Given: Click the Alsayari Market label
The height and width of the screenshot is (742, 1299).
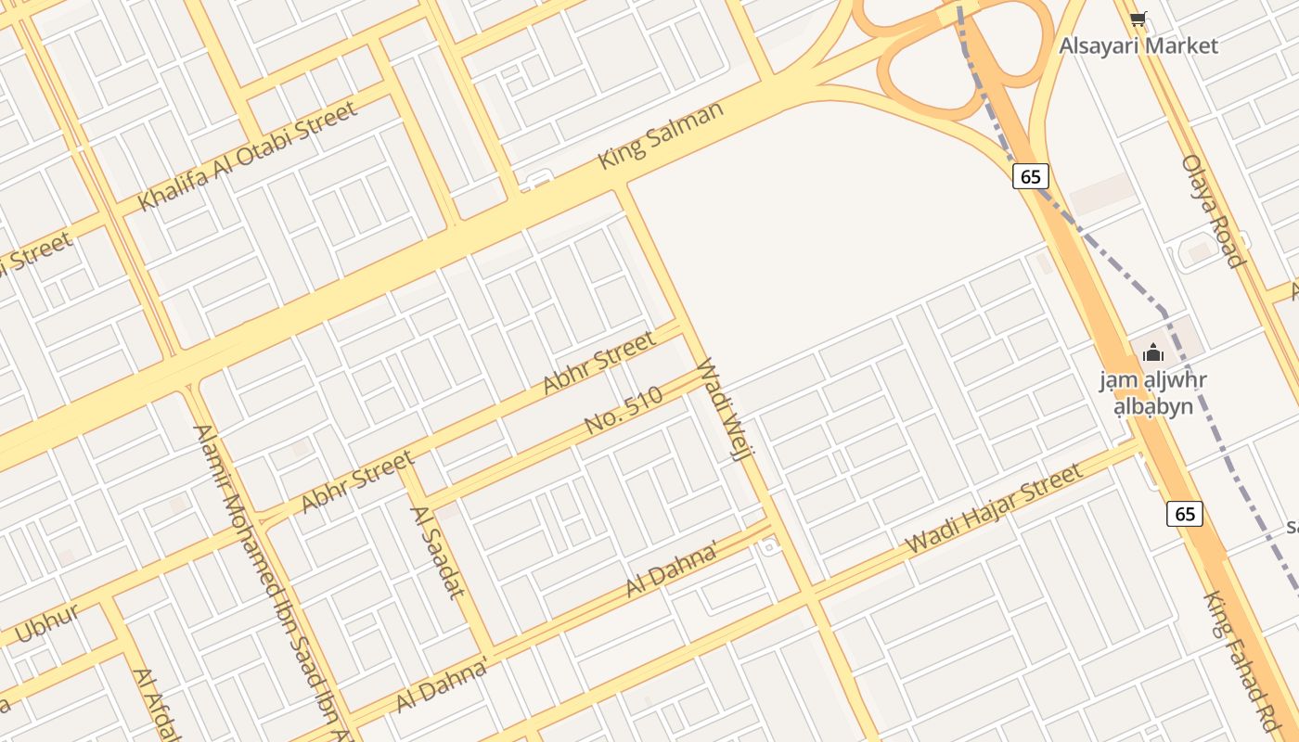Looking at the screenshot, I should [x=1138, y=45].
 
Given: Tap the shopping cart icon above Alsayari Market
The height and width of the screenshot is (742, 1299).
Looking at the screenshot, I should [x=1138, y=18].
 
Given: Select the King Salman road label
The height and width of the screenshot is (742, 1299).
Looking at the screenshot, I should [x=661, y=135].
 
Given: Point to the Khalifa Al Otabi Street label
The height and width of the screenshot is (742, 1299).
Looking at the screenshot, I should [x=247, y=156].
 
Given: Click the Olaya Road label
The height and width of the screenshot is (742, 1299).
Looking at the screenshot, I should [x=1213, y=211].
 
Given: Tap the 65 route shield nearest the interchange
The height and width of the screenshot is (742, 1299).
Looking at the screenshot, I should [x=1031, y=176].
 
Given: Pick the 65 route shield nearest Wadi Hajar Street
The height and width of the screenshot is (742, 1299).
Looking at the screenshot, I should [x=1185, y=514].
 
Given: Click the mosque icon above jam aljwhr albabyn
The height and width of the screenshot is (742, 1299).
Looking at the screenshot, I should [x=1153, y=352].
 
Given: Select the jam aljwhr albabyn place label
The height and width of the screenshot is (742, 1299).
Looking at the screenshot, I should [x=1153, y=393].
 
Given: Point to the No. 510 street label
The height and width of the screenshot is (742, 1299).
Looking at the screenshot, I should [x=624, y=410].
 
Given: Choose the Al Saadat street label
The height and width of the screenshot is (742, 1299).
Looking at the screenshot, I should [x=436, y=551].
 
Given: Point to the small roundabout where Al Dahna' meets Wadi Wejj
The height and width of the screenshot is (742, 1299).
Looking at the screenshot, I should [x=768, y=546].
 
